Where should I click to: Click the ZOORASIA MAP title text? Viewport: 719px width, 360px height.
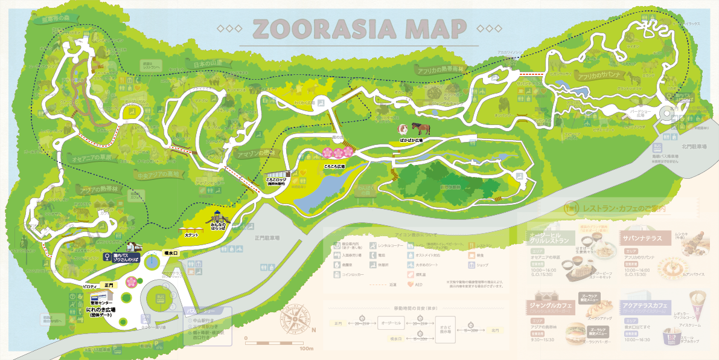(359, 28)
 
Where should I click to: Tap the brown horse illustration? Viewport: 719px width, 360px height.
(421, 129)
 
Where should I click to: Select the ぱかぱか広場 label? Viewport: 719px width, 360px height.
(411, 140)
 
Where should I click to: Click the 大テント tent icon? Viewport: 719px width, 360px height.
(191, 227)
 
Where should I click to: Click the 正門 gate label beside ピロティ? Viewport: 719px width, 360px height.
(109, 284)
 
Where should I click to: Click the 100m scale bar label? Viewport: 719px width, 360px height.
(306, 349)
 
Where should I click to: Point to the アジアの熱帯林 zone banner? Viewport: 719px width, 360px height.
(99, 190)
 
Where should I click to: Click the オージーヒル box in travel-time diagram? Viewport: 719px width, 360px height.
(390, 323)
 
